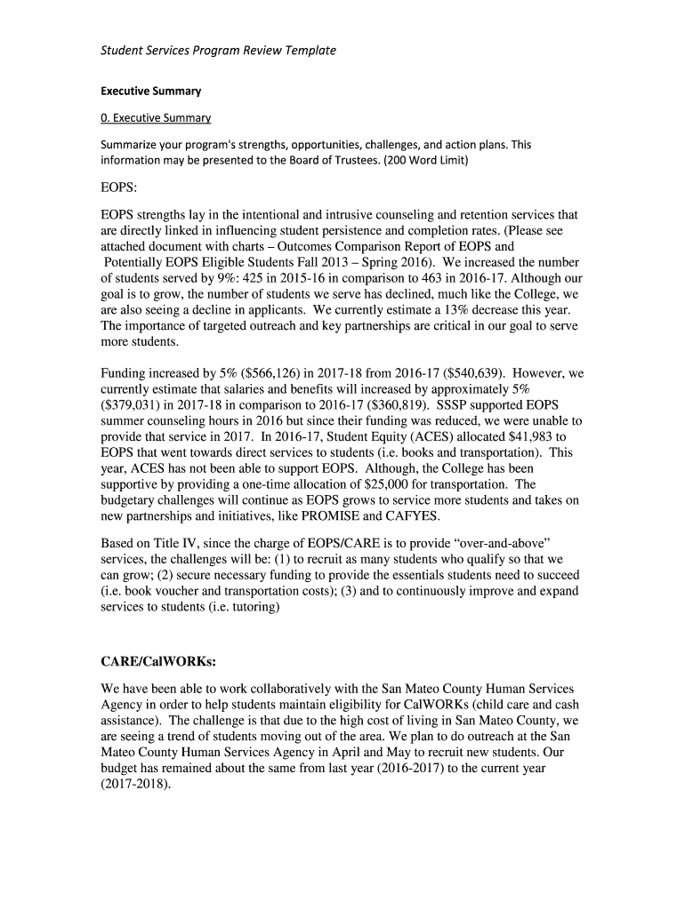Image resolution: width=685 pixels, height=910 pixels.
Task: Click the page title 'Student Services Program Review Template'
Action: tap(218, 51)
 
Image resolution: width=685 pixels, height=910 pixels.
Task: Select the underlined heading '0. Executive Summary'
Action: tap(156, 118)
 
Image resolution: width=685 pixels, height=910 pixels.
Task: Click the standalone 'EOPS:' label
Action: tap(120, 188)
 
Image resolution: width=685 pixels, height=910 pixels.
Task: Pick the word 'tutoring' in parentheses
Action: tap(252, 607)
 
